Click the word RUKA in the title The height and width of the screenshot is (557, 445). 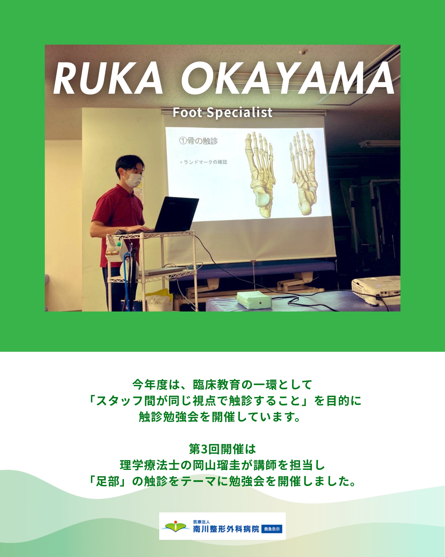[x=108, y=78]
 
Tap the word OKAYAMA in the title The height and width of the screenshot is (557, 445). [x=288, y=78]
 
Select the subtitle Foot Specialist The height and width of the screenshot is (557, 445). [x=222, y=112]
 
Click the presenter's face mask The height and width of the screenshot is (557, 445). [x=133, y=179]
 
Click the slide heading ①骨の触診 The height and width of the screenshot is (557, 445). [x=199, y=141]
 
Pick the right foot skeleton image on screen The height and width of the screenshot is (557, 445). [x=303, y=173]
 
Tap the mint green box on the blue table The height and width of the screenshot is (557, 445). [x=254, y=300]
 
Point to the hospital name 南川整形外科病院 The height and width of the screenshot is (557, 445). [x=226, y=529]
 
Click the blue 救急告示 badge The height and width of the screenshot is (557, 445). [x=272, y=529]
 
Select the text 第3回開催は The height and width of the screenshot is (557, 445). [x=222, y=449]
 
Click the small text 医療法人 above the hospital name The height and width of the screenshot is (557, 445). [x=201, y=522]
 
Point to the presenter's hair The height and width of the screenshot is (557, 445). [x=130, y=164]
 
